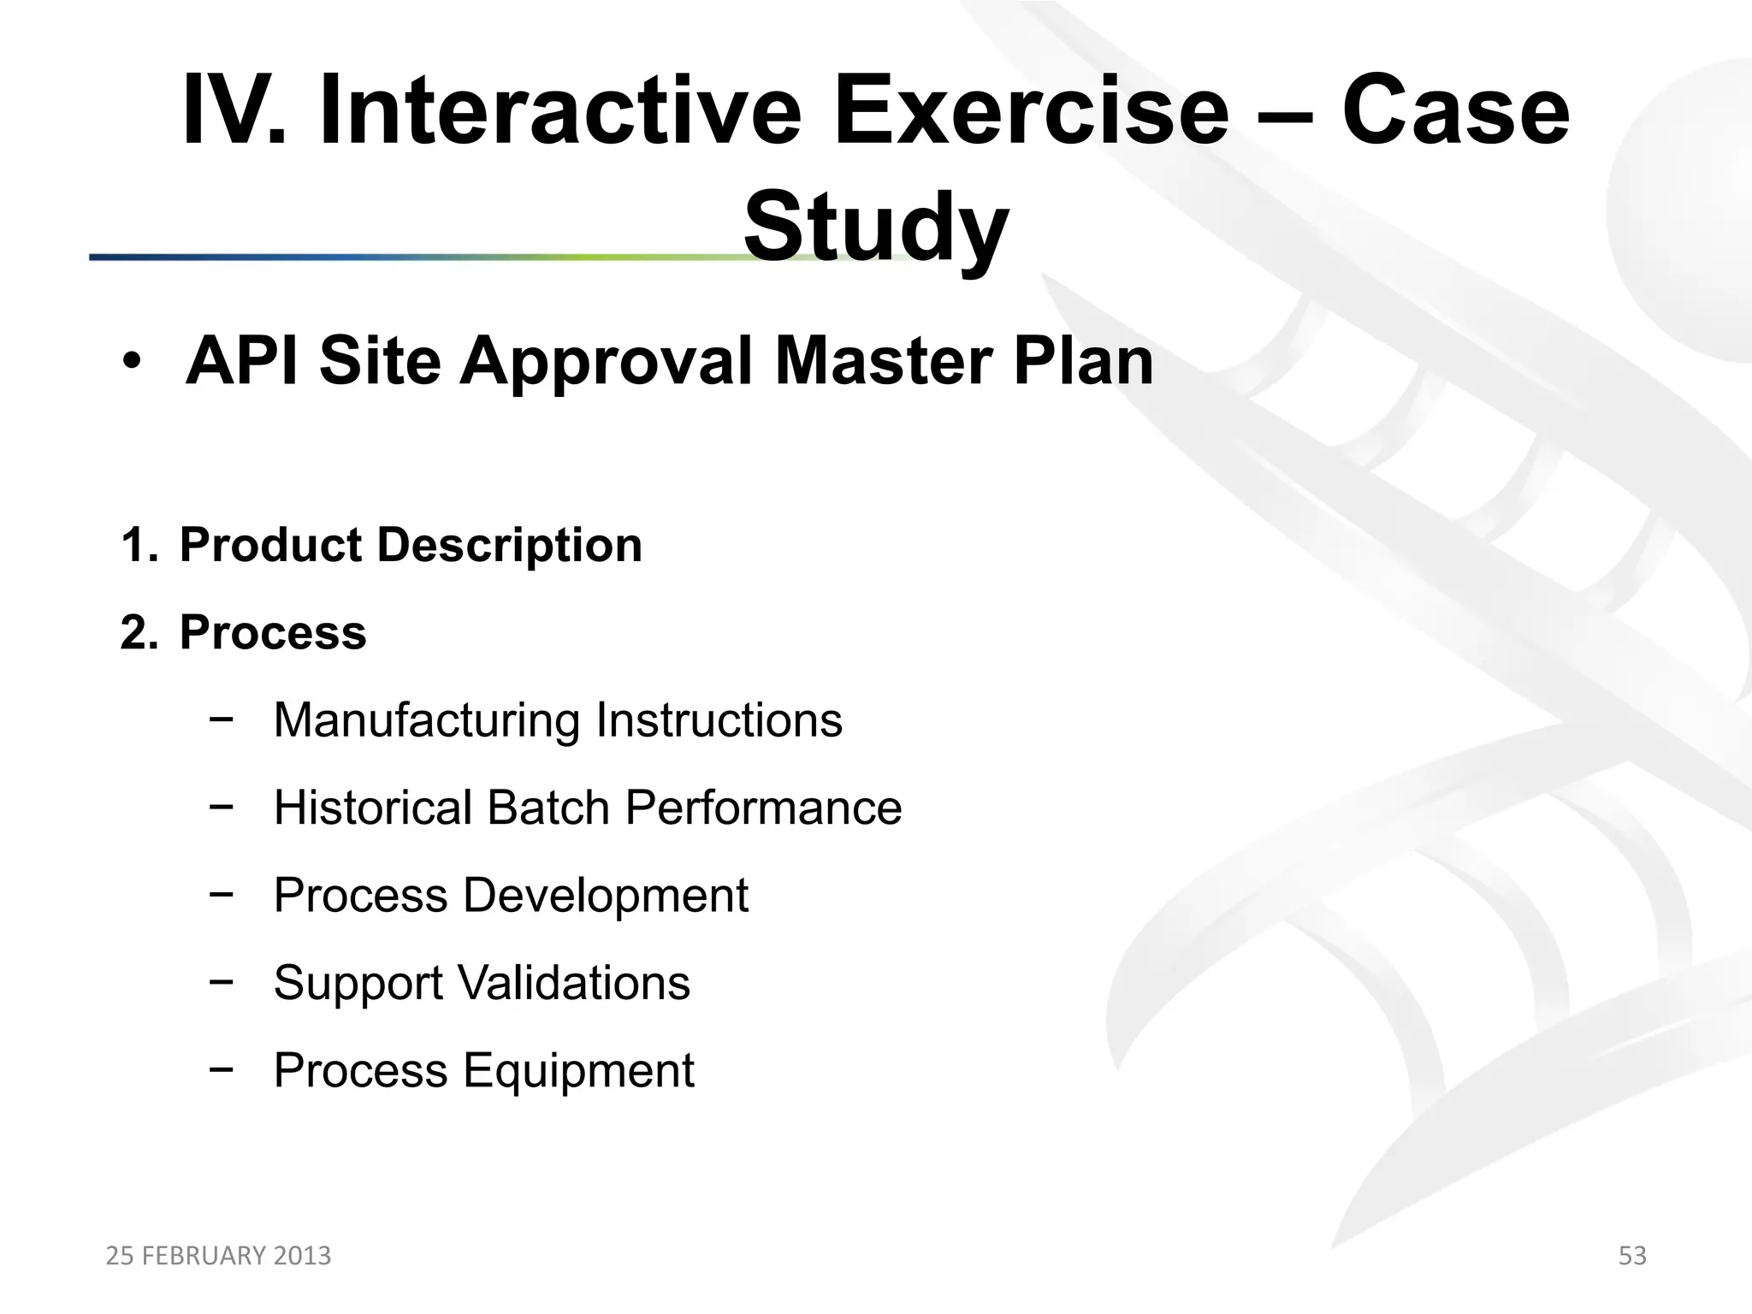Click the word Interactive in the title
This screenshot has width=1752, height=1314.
pyautogui.click(x=560, y=111)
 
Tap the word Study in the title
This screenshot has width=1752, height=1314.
pyautogui.click(x=875, y=227)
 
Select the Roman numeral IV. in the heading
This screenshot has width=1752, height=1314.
pyautogui.click(x=234, y=111)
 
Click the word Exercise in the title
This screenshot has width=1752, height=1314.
pyautogui.click(x=1031, y=111)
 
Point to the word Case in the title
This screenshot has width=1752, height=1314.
pyautogui.click(x=1455, y=111)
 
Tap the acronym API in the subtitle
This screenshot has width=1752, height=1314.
pyautogui.click(x=243, y=361)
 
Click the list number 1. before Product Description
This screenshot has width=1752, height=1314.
pyautogui.click(x=139, y=545)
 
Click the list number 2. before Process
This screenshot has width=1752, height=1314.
pyautogui.click(x=139, y=633)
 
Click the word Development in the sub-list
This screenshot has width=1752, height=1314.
pyautogui.click(x=605, y=896)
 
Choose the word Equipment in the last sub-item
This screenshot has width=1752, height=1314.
pyautogui.click(x=578, y=1070)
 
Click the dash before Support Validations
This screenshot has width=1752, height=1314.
pyautogui.click(x=221, y=982)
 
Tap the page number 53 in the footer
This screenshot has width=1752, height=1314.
pyautogui.click(x=1632, y=1256)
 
